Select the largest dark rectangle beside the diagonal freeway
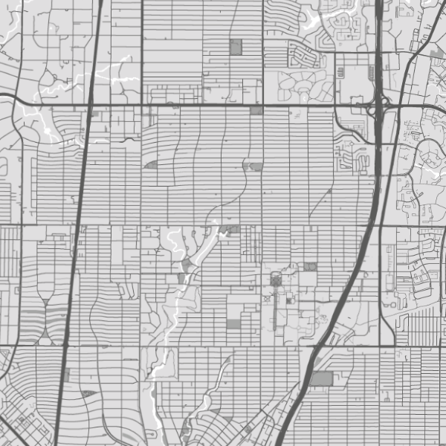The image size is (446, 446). [321, 379]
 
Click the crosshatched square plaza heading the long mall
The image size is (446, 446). [277, 279]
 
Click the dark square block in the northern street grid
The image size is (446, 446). [236, 47]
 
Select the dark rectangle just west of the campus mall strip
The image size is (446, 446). [234, 324]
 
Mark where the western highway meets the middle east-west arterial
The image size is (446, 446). [77, 224]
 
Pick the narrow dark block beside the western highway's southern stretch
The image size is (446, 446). [67, 375]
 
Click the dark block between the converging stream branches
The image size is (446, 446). [186, 263]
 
